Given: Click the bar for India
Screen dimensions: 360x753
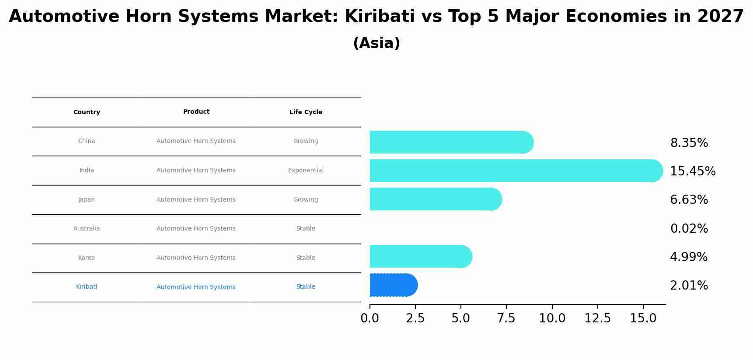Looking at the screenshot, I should (516, 171).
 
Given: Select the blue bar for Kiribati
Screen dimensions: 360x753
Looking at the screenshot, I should (393, 285).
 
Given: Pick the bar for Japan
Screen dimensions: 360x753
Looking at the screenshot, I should (436, 199).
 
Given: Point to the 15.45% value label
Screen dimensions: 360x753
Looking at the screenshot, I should (692, 171).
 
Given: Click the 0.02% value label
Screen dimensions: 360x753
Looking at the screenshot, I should (689, 228).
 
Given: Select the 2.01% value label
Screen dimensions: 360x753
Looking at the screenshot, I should (689, 285).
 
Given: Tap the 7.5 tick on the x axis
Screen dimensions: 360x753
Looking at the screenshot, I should (506, 318).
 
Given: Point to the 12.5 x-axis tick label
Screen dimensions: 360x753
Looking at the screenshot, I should (597, 318).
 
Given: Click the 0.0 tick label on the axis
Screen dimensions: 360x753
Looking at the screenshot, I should (370, 318).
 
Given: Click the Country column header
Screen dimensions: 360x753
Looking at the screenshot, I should (87, 112).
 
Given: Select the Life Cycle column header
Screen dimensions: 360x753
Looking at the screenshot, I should (306, 112).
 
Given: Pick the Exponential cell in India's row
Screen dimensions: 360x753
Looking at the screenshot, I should (306, 170).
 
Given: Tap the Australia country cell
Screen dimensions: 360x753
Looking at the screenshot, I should (87, 228).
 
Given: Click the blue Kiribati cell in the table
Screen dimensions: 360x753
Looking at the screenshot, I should (87, 287).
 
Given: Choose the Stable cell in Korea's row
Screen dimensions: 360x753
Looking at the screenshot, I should (306, 258).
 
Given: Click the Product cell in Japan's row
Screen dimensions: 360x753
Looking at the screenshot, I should (196, 199).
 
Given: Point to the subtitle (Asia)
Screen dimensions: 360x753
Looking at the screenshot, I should (376, 43).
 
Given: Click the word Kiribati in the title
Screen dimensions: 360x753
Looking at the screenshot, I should (379, 17).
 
